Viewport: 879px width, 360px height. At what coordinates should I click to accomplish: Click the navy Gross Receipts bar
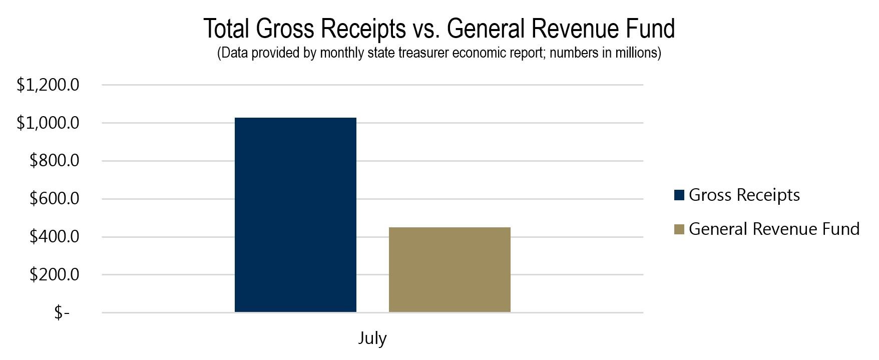click(x=295, y=215)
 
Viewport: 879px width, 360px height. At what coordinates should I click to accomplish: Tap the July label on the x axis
click(x=372, y=338)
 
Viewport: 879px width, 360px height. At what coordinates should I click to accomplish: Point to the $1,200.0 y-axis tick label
click(x=48, y=85)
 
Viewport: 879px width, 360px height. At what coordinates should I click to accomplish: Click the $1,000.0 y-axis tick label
click(x=48, y=123)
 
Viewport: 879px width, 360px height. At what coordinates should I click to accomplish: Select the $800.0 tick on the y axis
click(x=54, y=161)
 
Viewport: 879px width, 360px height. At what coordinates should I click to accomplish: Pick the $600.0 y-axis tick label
click(x=54, y=199)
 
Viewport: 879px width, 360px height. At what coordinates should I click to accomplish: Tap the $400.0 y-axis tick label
click(x=54, y=236)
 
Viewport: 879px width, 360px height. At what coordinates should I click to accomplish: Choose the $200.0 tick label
click(x=54, y=274)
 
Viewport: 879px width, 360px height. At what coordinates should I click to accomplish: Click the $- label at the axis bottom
click(x=62, y=313)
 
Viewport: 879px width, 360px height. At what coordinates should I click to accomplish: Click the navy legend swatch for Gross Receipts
click(x=679, y=195)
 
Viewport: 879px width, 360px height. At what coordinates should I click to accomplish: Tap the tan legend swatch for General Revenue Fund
click(x=679, y=229)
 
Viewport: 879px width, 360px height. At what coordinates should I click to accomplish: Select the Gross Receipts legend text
click(x=744, y=195)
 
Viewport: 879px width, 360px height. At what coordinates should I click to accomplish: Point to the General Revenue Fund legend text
click(x=774, y=229)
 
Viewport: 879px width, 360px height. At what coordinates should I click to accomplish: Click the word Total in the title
click(x=226, y=29)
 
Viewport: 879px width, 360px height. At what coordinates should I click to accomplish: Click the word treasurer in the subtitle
click(x=424, y=53)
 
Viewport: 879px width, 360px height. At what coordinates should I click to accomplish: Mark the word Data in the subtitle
click(x=234, y=53)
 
